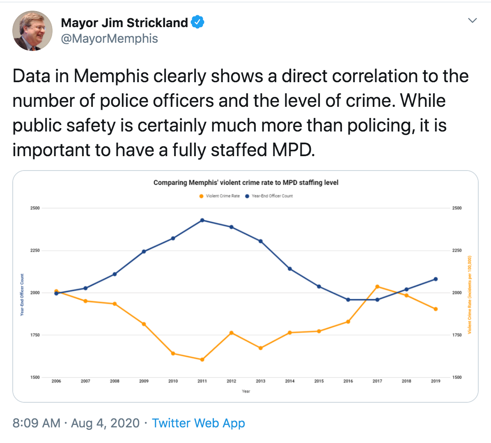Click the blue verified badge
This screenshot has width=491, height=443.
click(x=198, y=22)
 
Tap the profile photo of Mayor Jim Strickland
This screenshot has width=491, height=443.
click(x=32, y=31)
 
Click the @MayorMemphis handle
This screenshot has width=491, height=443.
click(x=109, y=39)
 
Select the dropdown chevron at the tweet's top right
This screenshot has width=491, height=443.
click(x=473, y=20)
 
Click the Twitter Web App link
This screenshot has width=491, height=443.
click(x=198, y=423)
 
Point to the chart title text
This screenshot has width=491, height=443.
click(x=246, y=182)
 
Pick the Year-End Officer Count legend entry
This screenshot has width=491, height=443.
click(x=269, y=196)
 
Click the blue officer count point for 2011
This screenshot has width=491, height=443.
click(x=202, y=220)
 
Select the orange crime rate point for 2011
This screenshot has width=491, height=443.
click(x=202, y=360)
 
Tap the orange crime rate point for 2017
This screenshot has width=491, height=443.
click(x=377, y=286)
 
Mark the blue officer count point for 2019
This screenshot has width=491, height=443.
click(x=436, y=279)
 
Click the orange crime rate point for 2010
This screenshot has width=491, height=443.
click(x=173, y=353)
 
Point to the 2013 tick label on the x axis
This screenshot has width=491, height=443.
click(x=260, y=381)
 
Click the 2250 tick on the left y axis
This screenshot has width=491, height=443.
click(x=35, y=250)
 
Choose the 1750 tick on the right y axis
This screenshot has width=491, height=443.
click(x=457, y=335)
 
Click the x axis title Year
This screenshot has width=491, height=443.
click(x=246, y=391)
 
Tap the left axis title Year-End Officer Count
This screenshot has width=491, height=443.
click(x=22, y=295)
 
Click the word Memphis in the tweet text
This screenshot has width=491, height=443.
click(x=111, y=76)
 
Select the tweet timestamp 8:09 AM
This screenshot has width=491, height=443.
click(x=36, y=423)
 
